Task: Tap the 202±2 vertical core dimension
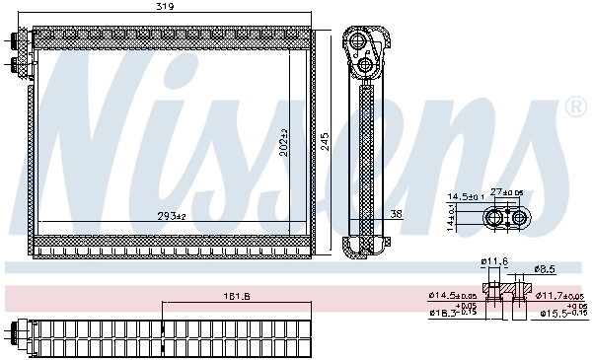284,145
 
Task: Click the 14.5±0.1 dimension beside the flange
465,197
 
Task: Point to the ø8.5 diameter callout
544,267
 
